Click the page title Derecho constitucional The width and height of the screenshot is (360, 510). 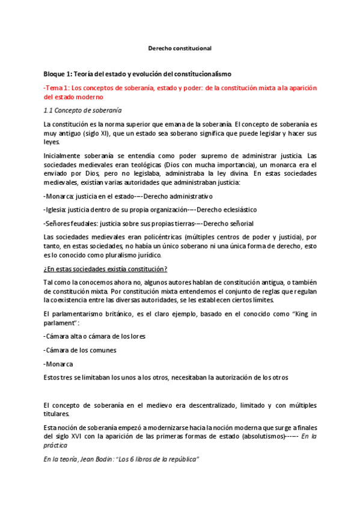coord(180,48)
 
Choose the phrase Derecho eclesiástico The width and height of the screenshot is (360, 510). coord(227,209)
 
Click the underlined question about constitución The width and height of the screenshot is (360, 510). coord(105,268)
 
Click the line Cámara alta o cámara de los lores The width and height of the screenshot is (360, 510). coord(96,336)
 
